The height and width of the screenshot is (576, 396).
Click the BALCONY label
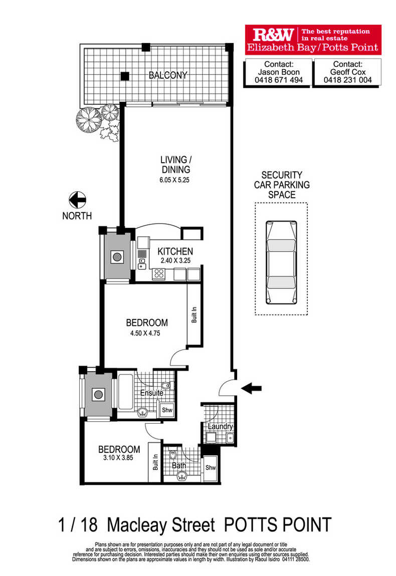coord(167,75)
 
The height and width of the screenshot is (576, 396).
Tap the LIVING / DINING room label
coord(176,165)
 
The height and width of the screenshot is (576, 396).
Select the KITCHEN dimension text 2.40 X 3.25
coord(175,260)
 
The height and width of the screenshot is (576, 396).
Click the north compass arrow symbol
coord(77,200)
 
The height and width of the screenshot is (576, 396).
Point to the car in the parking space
coord(281,262)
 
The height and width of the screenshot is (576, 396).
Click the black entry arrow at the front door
coord(252,388)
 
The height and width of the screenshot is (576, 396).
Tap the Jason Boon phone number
coord(279,80)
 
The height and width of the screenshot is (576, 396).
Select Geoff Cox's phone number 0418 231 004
coord(347,80)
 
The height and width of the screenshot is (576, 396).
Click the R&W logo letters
coord(273,35)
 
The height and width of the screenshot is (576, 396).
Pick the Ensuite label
coord(151,393)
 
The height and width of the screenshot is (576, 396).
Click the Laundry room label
coord(220,426)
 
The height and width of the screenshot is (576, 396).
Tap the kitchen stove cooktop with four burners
coord(159,273)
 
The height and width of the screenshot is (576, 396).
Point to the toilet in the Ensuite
coord(166,386)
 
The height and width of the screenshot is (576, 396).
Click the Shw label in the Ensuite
coord(167,410)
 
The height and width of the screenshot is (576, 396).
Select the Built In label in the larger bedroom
coord(194,315)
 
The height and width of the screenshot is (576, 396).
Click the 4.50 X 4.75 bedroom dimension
coord(145,333)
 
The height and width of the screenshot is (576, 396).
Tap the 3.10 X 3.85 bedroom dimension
coord(118,458)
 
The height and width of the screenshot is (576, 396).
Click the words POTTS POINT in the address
coord(278,524)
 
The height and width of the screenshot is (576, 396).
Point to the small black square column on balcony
coord(125,76)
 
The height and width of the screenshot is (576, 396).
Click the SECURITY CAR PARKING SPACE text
coord(282,185)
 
